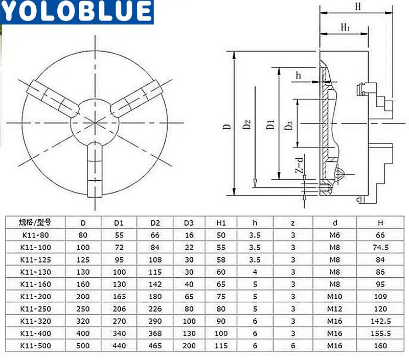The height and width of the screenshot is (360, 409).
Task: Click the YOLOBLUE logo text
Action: click(76, 11)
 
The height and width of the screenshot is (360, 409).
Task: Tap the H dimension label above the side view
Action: click(358, 6)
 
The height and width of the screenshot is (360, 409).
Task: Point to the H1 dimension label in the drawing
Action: click(346, 27)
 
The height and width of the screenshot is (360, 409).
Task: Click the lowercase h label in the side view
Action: click(298, 76)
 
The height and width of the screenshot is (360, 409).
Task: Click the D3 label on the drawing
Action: click(288, 125)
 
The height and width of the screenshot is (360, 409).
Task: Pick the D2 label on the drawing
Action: click(247, 124)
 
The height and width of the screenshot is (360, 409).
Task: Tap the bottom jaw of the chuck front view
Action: click(95, 170)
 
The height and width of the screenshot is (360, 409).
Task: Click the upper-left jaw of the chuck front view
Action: click(53, 99)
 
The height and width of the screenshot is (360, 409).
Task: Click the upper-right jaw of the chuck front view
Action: click(137, 98)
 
